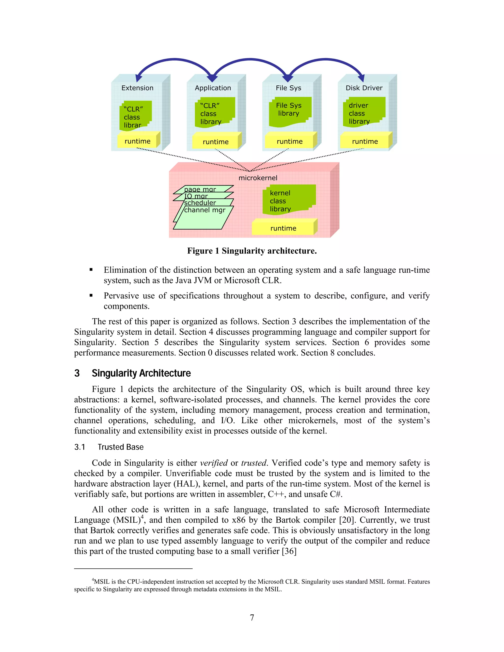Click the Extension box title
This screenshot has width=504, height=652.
point(137,88)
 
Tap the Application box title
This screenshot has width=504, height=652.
point(213,88)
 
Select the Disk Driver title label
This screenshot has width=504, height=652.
point(364,88)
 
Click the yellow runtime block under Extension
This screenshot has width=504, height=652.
point(137,141)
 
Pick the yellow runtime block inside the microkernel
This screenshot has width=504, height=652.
point(283,228)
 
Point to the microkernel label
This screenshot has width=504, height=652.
point(258,178)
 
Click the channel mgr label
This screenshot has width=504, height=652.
point(205,210)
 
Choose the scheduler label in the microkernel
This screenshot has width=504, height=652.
point(200,203)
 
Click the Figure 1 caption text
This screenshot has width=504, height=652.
point(252,251)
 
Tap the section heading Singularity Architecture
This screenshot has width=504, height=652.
point(141,373)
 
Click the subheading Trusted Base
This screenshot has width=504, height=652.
point(121,447)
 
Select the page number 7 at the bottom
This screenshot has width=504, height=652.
point(252,617)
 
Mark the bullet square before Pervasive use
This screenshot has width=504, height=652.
point(91,295)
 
